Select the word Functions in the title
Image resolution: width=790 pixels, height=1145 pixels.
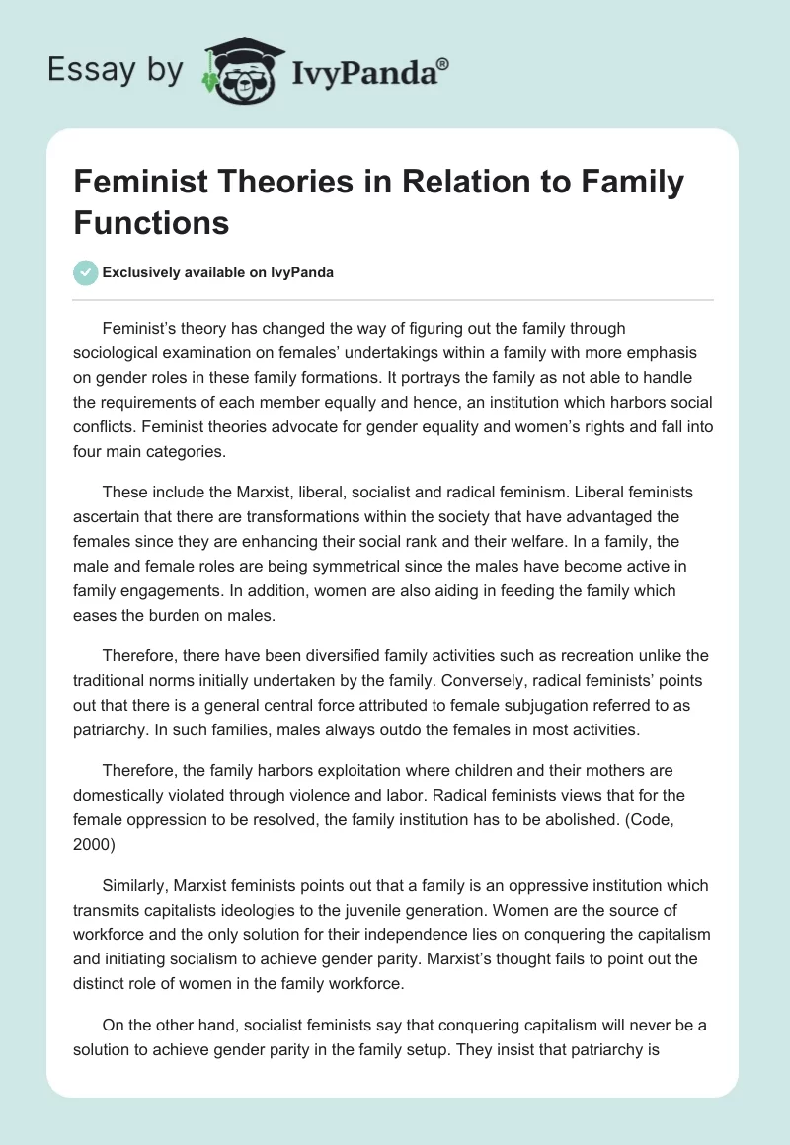[151, 222]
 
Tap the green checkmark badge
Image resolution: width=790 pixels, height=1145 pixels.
[86, 272]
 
